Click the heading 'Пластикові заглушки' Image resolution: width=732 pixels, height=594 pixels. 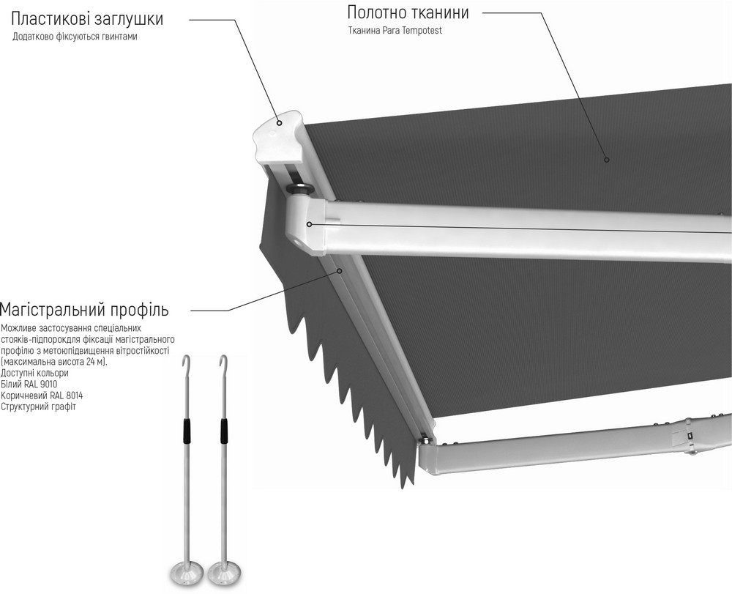(x=87, y=19)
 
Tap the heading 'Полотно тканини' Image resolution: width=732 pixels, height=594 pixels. (x=408, y=12)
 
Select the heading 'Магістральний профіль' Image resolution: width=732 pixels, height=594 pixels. (x=84, y=310)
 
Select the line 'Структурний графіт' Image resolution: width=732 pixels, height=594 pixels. (x=38, y=406)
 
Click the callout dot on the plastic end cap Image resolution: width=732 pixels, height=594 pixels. (x=279, y=123)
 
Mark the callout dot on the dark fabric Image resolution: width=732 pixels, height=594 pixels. (x=607, y=160)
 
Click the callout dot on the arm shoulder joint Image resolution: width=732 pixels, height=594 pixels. (x=309, y=225)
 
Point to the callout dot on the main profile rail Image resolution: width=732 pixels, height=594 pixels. (x=340, y=270)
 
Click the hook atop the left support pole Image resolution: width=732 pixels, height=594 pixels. (x=187, y=361)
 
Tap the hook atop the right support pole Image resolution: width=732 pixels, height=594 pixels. (x=225, y=361)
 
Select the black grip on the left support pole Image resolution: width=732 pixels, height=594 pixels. (x=186, y=431)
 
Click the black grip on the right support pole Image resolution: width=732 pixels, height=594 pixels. (x=224, y=431)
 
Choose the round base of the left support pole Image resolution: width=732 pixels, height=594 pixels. (x=187, y=573)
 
